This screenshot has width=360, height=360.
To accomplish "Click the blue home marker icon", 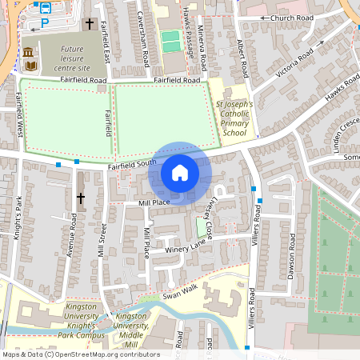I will coord(180,173).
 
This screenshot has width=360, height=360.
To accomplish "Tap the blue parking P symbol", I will coord(45,23).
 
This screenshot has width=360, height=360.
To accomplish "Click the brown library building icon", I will coord(29,54).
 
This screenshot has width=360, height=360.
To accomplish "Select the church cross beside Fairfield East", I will coord(90,25).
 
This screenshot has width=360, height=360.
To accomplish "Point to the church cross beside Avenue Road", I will coord(80,197).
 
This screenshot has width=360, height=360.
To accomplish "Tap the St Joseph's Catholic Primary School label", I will coord(234,118).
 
